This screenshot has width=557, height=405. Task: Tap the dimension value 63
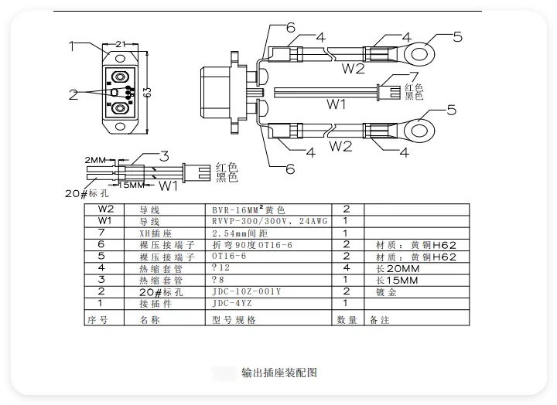click(146, 92)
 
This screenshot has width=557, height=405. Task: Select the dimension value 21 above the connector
click(121, 45)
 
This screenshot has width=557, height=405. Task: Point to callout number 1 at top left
click(72, 46)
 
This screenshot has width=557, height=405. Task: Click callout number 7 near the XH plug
click(413, 77)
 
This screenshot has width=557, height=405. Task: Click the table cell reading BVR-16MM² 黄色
click(248, 209)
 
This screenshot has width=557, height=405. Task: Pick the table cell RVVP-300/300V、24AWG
click(269, 221)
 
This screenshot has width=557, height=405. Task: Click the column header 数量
click(347, 318)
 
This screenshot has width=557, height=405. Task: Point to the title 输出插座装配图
click(279, 373)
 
